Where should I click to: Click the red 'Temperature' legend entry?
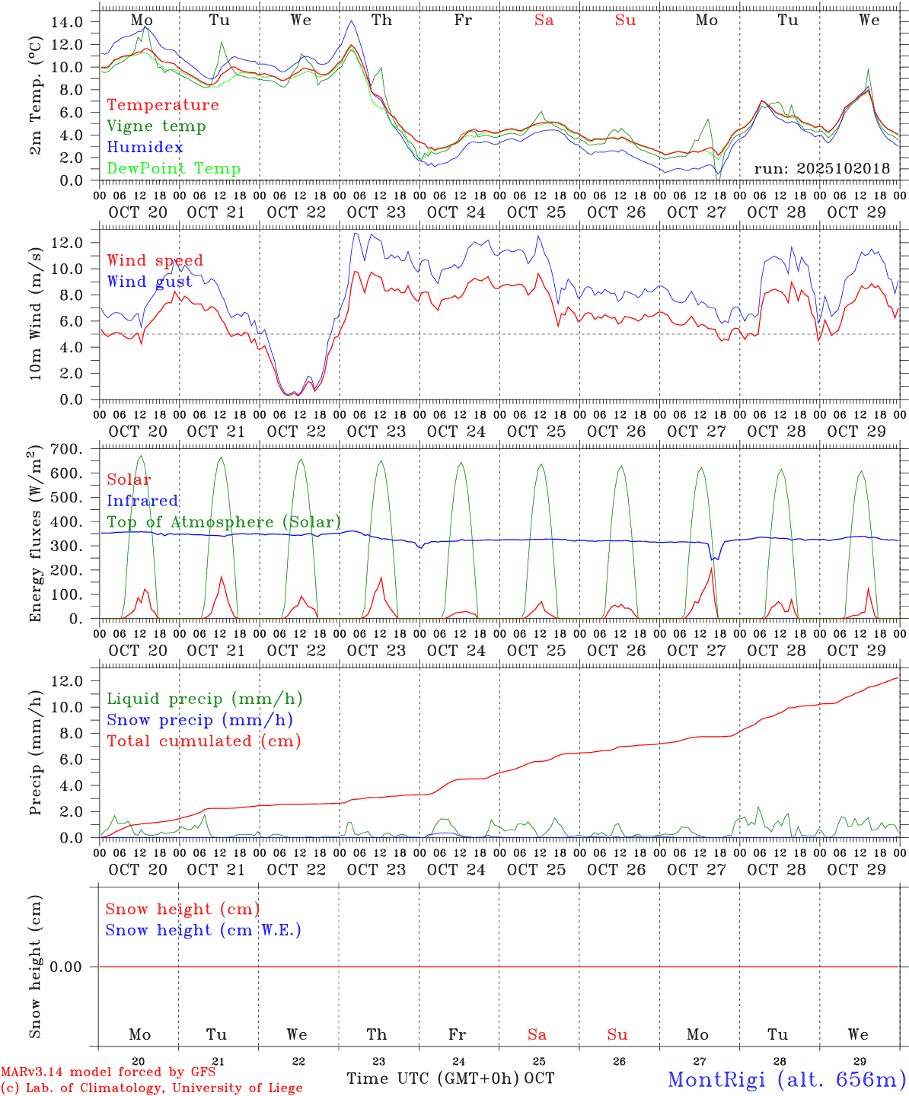pos(163,105)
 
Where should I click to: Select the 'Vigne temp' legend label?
pos(156,126)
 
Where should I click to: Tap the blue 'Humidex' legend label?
pos(145,148)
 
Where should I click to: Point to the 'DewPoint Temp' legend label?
pos(174,169)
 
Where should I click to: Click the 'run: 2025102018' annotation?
pos(821,169)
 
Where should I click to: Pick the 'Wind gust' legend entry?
pos(149,282)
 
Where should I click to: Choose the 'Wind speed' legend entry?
pos(155,260)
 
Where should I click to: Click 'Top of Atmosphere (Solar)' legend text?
pos(224,522)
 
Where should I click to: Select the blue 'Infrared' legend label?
pos(142,501)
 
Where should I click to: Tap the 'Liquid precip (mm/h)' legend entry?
pos(205,699)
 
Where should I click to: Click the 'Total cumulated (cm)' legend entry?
pos(204,741)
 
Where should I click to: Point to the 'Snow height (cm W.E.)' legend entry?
pos(203,930)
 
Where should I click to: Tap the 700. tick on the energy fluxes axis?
pos(66,450)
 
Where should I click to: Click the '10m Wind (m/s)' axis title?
pos(35,311)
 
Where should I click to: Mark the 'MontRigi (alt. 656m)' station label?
pos(787,1078)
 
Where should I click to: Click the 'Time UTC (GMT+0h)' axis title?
pos(433,1078)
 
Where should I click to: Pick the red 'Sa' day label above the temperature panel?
pos(544,21)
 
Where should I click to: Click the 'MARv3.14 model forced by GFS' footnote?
pos(108,1072)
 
